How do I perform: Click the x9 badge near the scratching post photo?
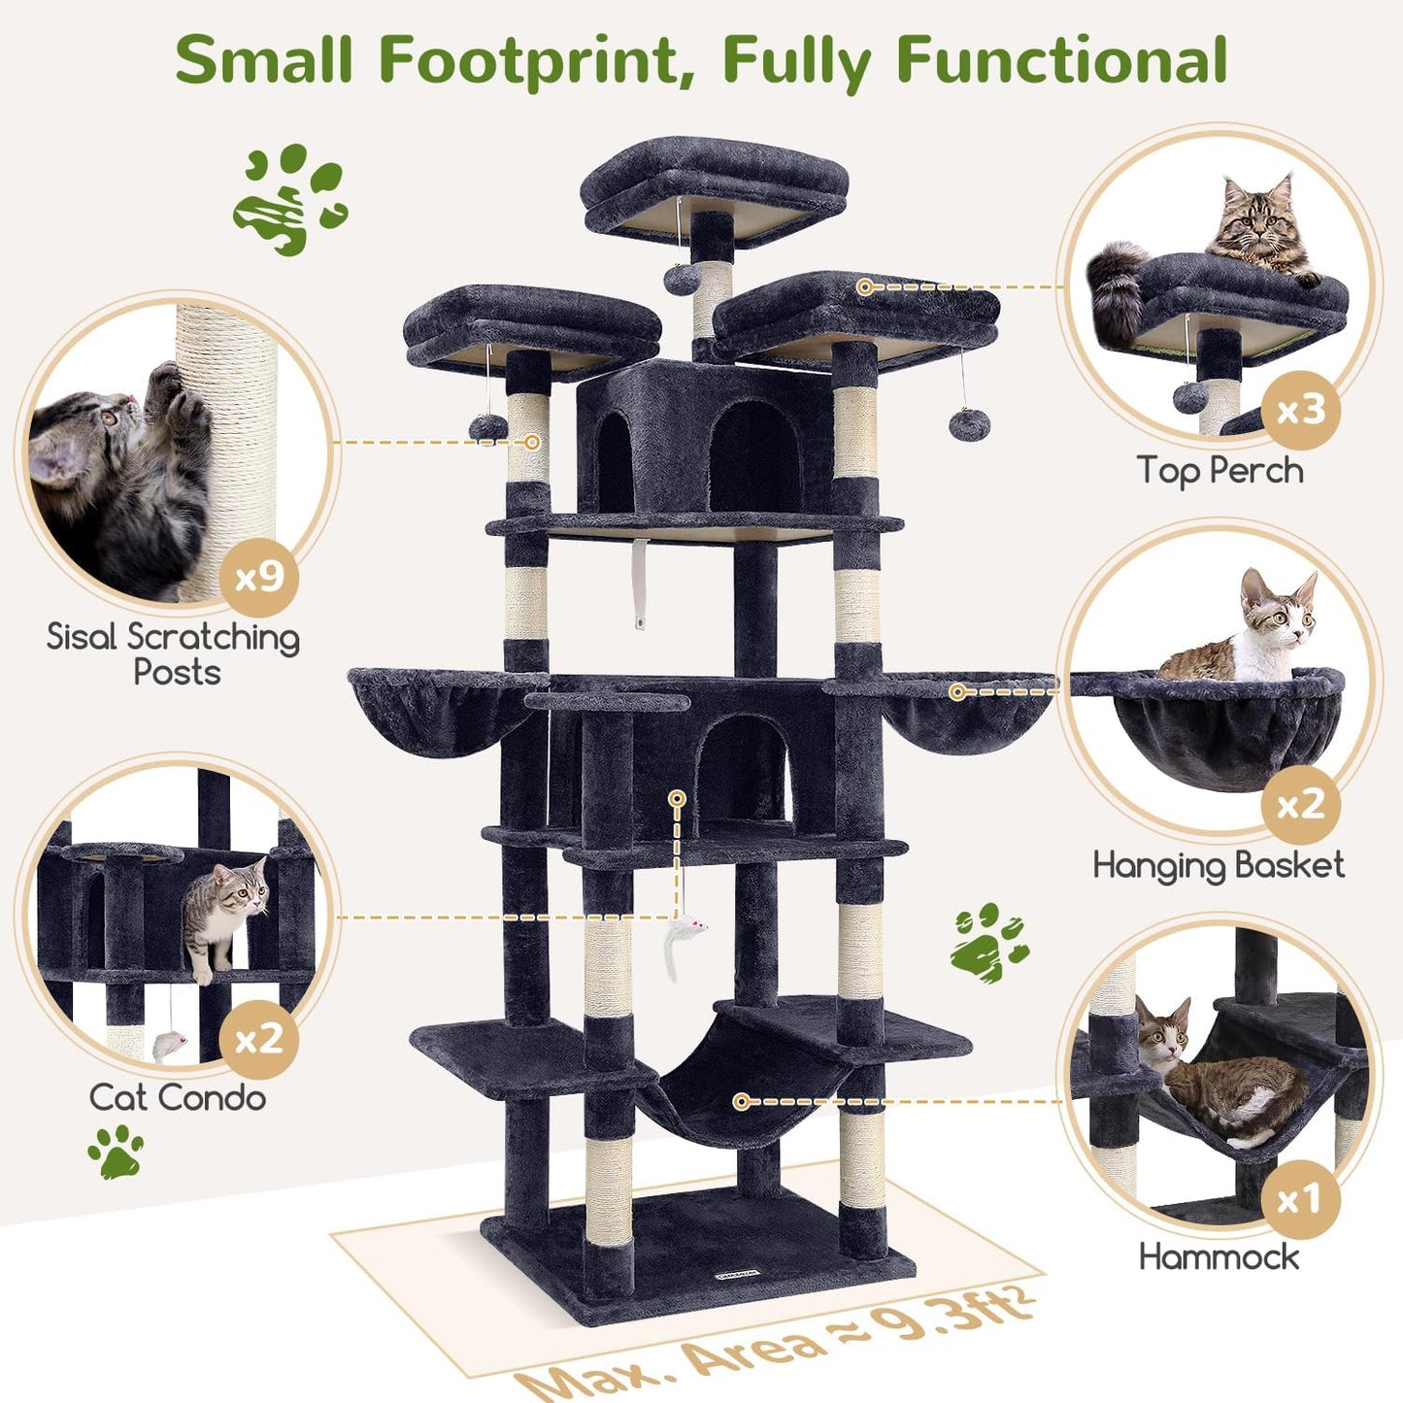(259, 578)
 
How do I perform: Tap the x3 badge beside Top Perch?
(1300, 411)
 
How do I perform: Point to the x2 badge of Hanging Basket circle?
(1300, 805)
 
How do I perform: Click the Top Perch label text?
(1219, 471)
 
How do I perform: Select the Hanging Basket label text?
(1219, 866)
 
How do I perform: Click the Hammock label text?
(1219, 1257)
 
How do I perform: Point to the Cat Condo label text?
(178, 1098)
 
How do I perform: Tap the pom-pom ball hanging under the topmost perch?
(678, 278)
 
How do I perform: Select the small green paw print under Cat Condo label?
(117, 1152)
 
